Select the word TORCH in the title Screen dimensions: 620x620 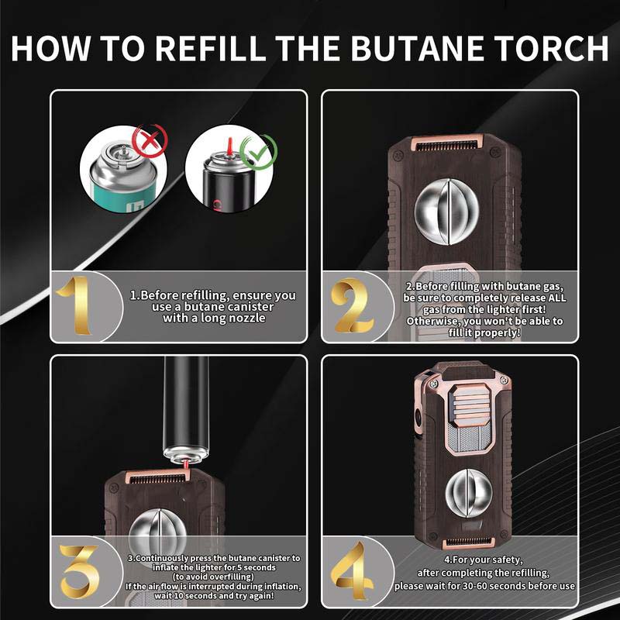[555, 47]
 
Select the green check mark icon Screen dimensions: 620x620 [255, 151]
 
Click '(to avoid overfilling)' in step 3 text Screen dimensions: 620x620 [214, 577]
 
